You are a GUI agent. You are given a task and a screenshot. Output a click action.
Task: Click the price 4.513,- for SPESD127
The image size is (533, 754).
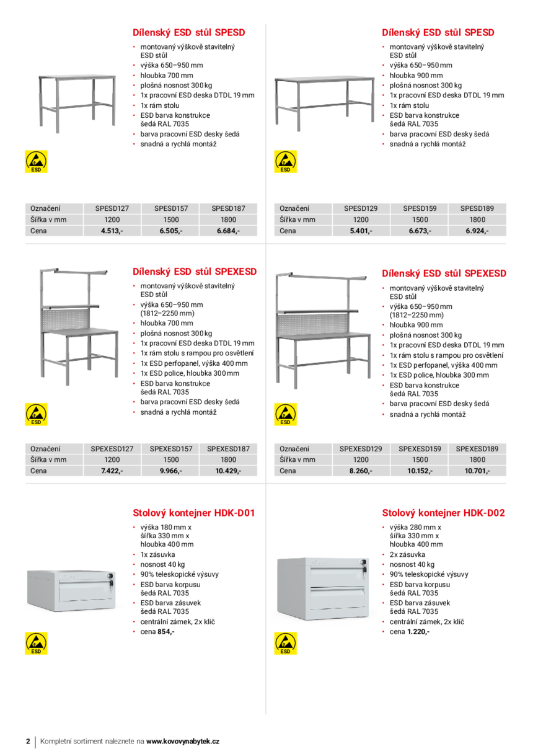point(112,231)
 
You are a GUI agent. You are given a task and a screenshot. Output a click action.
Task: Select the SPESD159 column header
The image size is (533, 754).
point(420,209)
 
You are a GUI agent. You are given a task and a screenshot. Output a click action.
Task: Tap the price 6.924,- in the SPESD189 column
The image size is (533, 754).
point(477,231)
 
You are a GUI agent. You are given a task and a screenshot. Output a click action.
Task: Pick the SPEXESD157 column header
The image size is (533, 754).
point(171,448)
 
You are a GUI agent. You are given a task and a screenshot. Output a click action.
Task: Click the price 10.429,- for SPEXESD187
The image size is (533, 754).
point(228,471)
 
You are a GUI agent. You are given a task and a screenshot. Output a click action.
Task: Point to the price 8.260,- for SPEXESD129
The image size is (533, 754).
point(361,471)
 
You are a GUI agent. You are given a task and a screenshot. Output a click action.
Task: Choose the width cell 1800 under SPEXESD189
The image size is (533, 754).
point(477,459)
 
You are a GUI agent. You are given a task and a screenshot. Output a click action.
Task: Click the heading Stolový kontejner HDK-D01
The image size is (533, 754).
point(194,513)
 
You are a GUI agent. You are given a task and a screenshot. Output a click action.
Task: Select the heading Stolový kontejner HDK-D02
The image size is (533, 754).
point(443,513)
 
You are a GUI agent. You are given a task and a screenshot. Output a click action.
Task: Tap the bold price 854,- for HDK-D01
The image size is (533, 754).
point(165,632)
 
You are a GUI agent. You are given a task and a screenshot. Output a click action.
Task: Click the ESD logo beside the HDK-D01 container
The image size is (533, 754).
point(37,643)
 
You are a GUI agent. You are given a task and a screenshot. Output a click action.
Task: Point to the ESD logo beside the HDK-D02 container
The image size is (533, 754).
point(285,643)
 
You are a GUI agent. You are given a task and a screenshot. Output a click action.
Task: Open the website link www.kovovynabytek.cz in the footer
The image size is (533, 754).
point(183,742)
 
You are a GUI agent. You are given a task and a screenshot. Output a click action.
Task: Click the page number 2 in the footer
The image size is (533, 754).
point(28,742)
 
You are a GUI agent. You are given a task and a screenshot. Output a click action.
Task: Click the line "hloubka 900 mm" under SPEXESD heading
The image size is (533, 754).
point(416,325)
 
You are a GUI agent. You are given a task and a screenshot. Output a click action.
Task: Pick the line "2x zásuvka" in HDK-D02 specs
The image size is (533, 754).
point(407,554)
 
